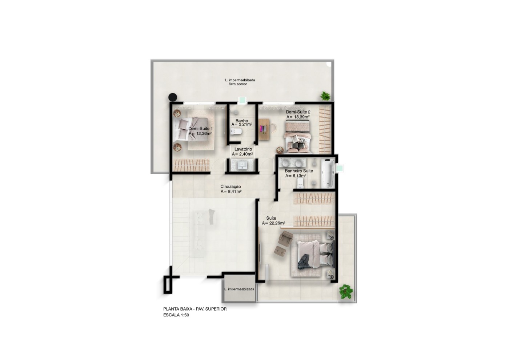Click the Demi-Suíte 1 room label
click(200, 129)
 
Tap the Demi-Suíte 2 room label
click(298, 112)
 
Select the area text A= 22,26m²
click(273, 223)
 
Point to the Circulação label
click(231, 187)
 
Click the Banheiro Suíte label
click(299, 171)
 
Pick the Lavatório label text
click(243, 149)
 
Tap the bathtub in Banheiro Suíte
click(328, 173)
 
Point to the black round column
click(173, 97)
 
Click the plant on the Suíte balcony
click(346, 291)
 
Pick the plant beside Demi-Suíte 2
click(325, 96)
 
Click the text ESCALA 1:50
click(176, 315)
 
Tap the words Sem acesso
click(238, 84)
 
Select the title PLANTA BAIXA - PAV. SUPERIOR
click(195, 309)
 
